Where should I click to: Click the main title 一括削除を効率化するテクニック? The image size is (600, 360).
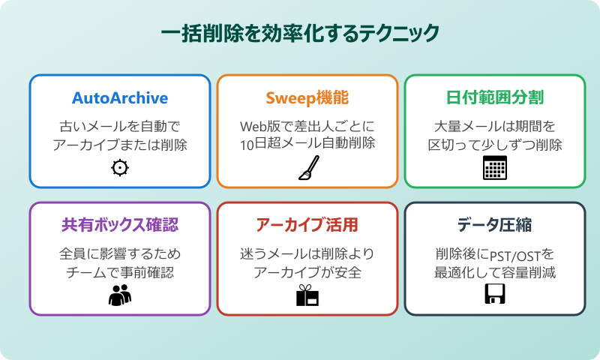300,34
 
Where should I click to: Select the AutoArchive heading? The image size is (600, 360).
120,98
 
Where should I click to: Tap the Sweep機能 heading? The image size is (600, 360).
307,98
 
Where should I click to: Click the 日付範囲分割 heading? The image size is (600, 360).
495,98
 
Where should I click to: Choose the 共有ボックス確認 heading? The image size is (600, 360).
120,225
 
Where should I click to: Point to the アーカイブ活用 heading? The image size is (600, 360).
307,225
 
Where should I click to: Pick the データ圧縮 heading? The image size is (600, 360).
495,225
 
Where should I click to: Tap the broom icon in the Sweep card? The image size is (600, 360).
307,168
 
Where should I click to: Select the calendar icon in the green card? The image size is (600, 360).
495,168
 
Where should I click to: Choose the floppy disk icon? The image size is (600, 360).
495,295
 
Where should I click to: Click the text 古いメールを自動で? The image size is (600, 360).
120,125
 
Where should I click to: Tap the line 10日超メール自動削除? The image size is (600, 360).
307,145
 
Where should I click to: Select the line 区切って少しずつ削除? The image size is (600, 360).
495,145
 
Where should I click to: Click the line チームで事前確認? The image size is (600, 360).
120,271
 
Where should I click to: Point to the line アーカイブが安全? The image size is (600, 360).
307,271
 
